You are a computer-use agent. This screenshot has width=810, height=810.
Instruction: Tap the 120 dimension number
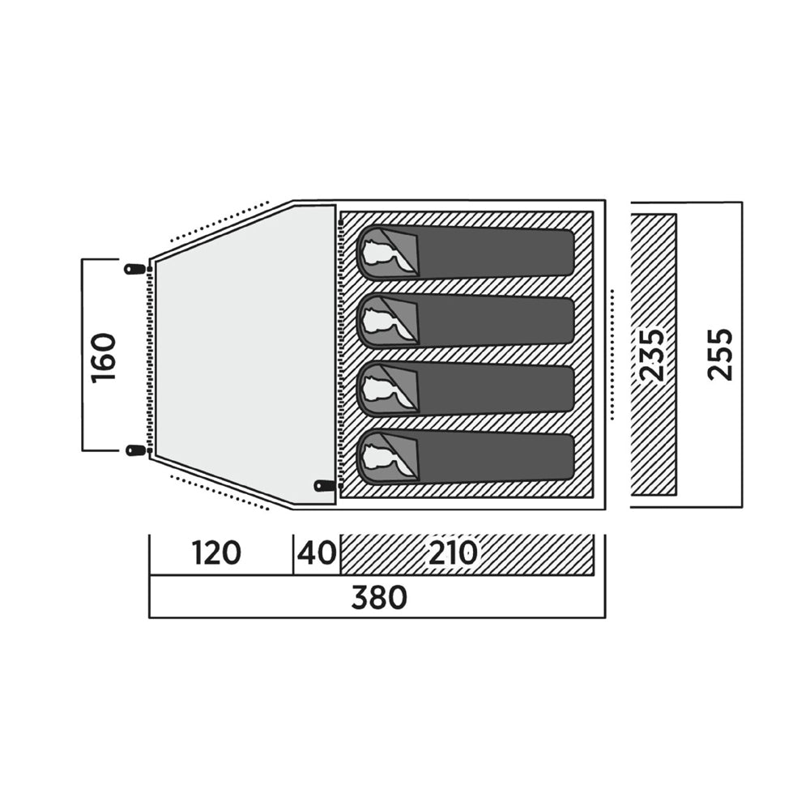(216, 553)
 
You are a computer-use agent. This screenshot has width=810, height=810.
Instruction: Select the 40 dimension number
(317, 553)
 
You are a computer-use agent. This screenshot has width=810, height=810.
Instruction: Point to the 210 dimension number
(453, 553)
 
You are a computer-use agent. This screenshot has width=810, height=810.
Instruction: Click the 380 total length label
(379, 598)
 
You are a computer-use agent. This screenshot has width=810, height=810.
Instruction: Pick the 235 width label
(651, 355)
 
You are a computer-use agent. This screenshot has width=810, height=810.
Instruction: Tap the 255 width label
(721, 355)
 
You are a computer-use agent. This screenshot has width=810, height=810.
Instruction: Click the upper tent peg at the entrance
(135, 269)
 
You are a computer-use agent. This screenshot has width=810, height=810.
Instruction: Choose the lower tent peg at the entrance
(135, 450)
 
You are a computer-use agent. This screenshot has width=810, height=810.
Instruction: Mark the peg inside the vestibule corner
(325, 485)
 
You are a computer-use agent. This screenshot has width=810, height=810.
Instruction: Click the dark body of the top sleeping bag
(496, 253)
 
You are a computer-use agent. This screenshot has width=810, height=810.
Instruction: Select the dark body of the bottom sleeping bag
(496, 458)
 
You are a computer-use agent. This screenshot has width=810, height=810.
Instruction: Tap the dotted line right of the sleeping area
(612, 355)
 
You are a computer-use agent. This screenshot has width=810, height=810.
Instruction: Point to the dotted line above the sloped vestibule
(220, 221)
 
